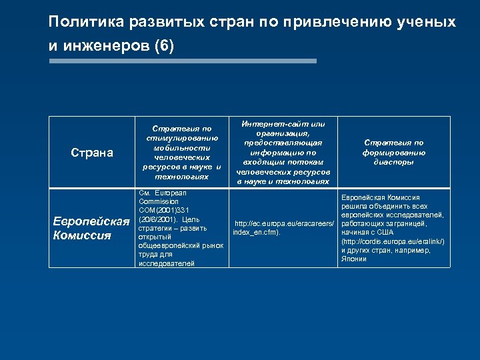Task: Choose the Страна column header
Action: tap(92, 153)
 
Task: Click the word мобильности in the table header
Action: tap(182, 147)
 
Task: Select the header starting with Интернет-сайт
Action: tap(283, 153)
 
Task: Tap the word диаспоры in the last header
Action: tap(393, 162)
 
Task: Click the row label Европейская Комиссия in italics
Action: tap(91, 228)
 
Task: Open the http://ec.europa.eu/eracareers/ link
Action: tap(284, 223)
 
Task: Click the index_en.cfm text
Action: tap(256, 232)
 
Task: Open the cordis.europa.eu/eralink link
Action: tap(392, 241)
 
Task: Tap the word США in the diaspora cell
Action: tap(385, 232)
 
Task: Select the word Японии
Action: tap(353, 259)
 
